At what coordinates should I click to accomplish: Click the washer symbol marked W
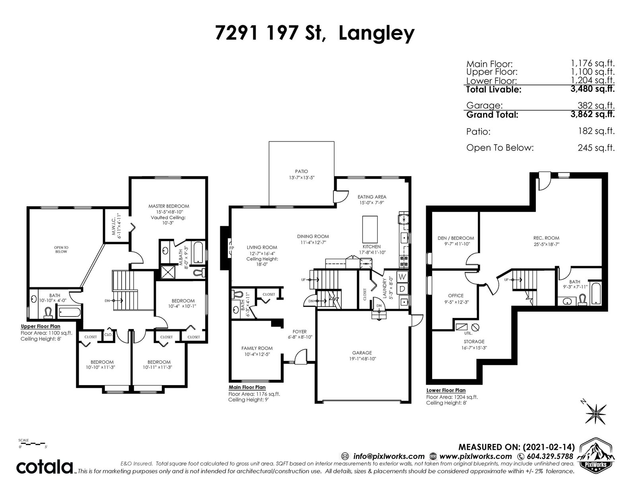(x=402, y=277)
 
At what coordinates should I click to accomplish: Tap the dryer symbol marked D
(x=402, y=289)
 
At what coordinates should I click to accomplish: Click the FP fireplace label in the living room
(x=232, y=248)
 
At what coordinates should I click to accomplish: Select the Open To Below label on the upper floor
(x=61, y=250)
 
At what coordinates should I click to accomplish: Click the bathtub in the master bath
(x=198, y=252)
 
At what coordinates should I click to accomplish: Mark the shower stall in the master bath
(x=167, y=273)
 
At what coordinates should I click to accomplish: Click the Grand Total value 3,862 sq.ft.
(x=592, y=114)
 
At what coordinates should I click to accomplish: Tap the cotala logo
(x=45, y=467)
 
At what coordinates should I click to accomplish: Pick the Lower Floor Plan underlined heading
(x=446, y=390)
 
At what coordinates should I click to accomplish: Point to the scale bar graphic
(x=32, y=444)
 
